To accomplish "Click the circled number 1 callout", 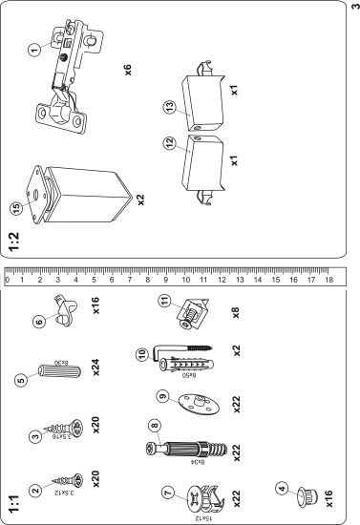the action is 33,50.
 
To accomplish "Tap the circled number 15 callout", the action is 16,208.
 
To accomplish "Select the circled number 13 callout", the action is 170,108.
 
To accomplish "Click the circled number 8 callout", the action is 155,426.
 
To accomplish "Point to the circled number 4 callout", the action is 283,489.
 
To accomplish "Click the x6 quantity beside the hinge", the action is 128,70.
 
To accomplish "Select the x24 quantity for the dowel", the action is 95,367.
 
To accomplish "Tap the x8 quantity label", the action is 236,313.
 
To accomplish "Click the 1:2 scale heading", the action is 14,241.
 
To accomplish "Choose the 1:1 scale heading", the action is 14,504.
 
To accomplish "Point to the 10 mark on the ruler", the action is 185,280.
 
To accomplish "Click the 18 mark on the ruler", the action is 328,280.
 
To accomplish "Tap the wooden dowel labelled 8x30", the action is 60,370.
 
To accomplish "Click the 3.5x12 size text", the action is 64,493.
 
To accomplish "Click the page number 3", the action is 355,7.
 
